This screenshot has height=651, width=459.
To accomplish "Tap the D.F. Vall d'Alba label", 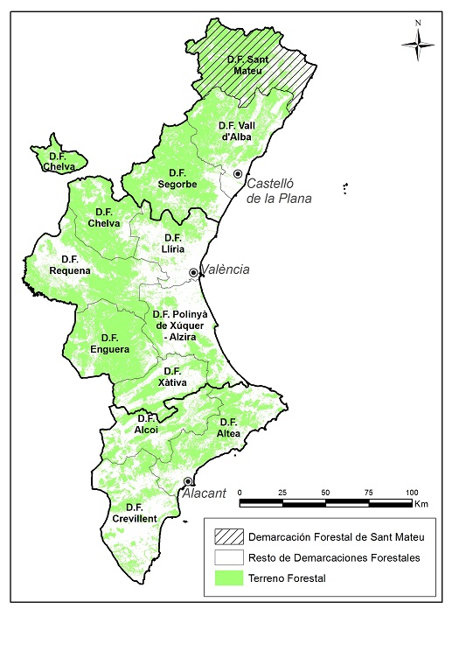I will [235, 131].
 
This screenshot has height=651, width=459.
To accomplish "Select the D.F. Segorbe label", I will [177, 178].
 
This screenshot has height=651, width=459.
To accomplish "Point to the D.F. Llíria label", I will [173, 243].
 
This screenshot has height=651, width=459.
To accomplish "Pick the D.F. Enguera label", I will [109, 344].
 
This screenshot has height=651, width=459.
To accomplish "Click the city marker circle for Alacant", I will [188, 480].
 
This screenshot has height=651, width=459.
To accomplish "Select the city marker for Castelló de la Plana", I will [237, 174].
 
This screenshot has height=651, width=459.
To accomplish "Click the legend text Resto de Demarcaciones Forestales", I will [335, 557].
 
